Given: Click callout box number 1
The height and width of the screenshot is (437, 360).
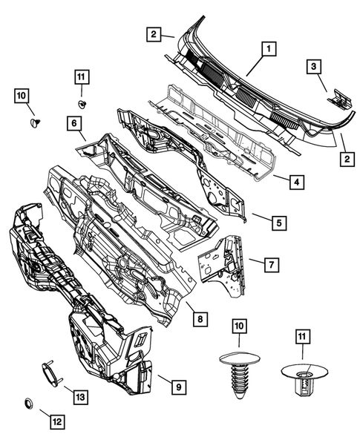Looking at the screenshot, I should (x=267, y=50).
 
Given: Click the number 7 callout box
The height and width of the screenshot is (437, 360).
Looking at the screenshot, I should (x=272, y=264).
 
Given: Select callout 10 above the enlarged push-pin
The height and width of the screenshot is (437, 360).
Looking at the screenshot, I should (x=238, y=326).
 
